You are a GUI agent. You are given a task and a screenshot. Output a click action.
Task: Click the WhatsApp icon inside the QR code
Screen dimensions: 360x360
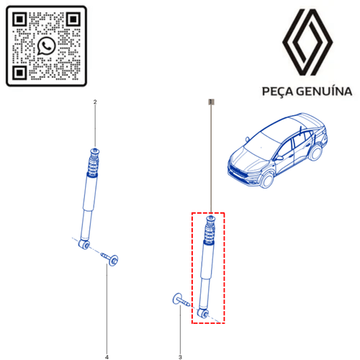pos(46,46)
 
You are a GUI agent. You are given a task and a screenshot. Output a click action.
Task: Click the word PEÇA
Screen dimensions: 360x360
pos(277,91)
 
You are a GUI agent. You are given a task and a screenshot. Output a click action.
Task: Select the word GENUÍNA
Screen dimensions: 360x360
pos(324,91)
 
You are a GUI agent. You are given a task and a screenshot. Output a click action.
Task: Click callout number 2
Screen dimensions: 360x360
pos(95,102)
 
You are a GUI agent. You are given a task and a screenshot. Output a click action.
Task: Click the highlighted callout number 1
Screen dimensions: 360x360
pos(211,102)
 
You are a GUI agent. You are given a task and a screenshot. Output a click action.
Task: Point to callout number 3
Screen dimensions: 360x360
pos(180,357)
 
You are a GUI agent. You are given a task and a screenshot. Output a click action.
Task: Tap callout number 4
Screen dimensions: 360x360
pos(107,357)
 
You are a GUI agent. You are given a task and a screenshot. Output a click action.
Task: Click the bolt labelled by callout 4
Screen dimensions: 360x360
pos(110,258)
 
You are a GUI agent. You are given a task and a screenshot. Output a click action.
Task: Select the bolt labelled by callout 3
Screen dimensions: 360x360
pos(181,301)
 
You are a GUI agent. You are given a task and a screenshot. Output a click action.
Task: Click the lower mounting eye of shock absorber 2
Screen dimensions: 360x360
pos(84,244)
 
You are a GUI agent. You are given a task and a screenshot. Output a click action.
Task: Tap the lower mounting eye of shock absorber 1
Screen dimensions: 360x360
pos(202,313)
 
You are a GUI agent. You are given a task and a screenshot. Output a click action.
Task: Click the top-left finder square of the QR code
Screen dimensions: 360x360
pos(19,19)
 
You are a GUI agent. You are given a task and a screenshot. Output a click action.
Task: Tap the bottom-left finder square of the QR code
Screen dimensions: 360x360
pos(19,72)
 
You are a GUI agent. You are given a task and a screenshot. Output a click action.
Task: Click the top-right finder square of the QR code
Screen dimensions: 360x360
pos(73,19)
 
